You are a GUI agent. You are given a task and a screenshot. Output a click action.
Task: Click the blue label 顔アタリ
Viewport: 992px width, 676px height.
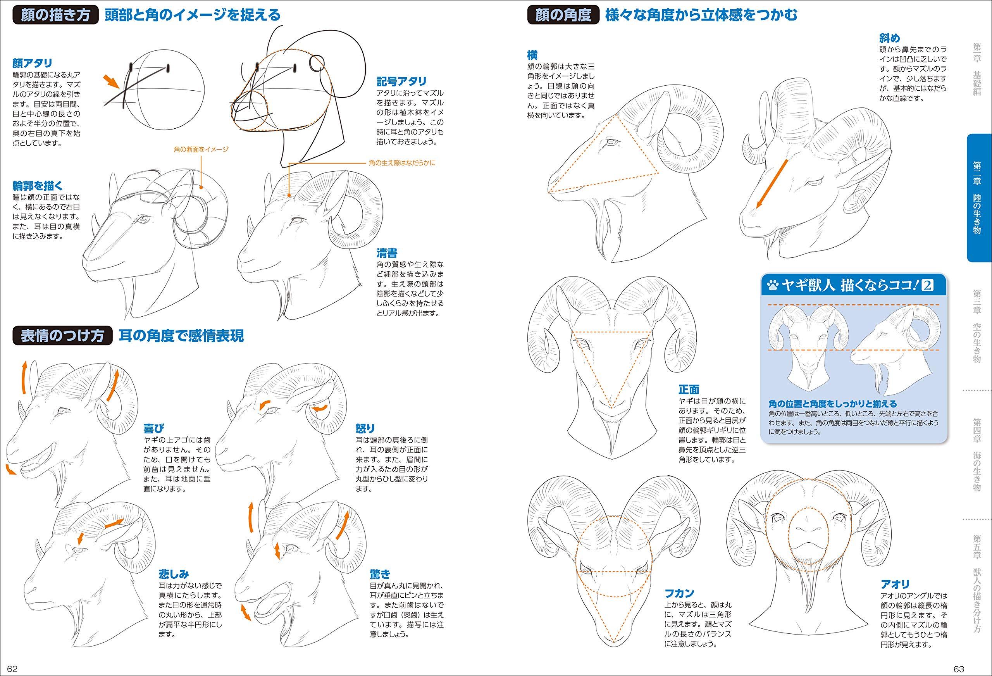(33, 63)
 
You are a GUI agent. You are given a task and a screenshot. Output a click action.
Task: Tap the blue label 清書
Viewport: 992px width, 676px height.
(387, 253)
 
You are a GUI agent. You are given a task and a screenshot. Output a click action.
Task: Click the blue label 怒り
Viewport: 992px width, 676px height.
(365, 428)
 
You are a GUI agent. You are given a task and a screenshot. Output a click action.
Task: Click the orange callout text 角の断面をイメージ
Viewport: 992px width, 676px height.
(201, 150)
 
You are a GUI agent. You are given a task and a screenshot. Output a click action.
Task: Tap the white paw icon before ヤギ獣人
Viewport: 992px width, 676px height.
(772, 285)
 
